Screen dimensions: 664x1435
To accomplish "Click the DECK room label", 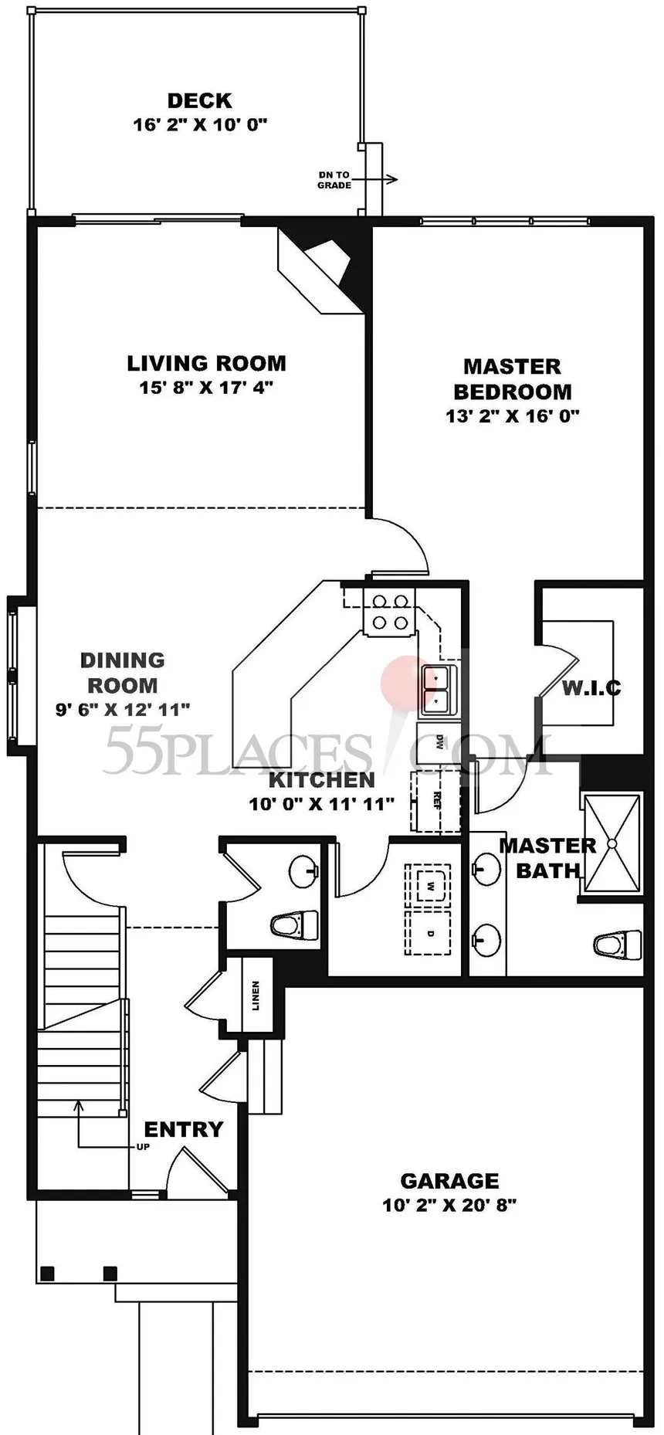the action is tap(200, 100).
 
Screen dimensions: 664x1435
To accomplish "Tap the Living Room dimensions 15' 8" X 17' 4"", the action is tap(206, 387).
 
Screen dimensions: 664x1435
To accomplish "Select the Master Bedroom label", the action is tap(512, 378).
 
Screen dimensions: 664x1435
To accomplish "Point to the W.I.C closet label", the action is tap(591, 687).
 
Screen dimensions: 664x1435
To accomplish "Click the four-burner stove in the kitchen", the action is tap(388, 612).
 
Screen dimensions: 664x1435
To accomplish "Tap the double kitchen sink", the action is tap(438, 689).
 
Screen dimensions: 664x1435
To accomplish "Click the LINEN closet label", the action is tap(256, 996).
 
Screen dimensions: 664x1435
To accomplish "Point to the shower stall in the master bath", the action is tap(612, 843).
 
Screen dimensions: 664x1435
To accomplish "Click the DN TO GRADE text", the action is tap(334, 180).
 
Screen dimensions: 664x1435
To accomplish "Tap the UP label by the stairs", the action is tap(143, 1147).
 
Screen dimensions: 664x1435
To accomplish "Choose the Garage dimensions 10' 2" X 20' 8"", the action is tap(449, 1205).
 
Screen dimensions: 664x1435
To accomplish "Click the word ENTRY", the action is tap(184, 1129).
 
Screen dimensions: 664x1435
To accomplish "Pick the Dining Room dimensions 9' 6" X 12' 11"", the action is tap(123, 709).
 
